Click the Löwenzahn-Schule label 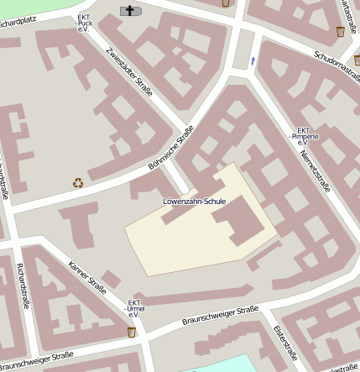pos(195,202)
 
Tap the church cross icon pos(131,10)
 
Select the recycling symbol pos(78,182)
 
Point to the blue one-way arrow pos(253,60)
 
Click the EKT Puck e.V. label pos(84,23)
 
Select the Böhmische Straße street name pos(171,148)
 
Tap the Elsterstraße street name pos(284,343)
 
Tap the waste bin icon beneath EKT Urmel pos(132,333)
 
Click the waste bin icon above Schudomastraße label pos(340,31)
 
